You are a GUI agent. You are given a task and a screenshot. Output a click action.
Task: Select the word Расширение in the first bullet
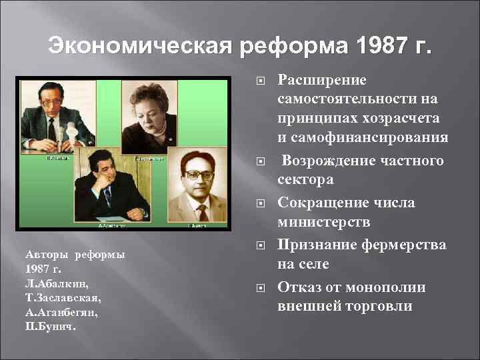pos(322,81)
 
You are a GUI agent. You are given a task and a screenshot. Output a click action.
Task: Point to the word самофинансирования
pos(371,139)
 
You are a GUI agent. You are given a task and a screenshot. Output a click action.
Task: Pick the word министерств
pos(321,221)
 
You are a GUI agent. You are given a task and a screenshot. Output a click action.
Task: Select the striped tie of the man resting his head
pos(107,197)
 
